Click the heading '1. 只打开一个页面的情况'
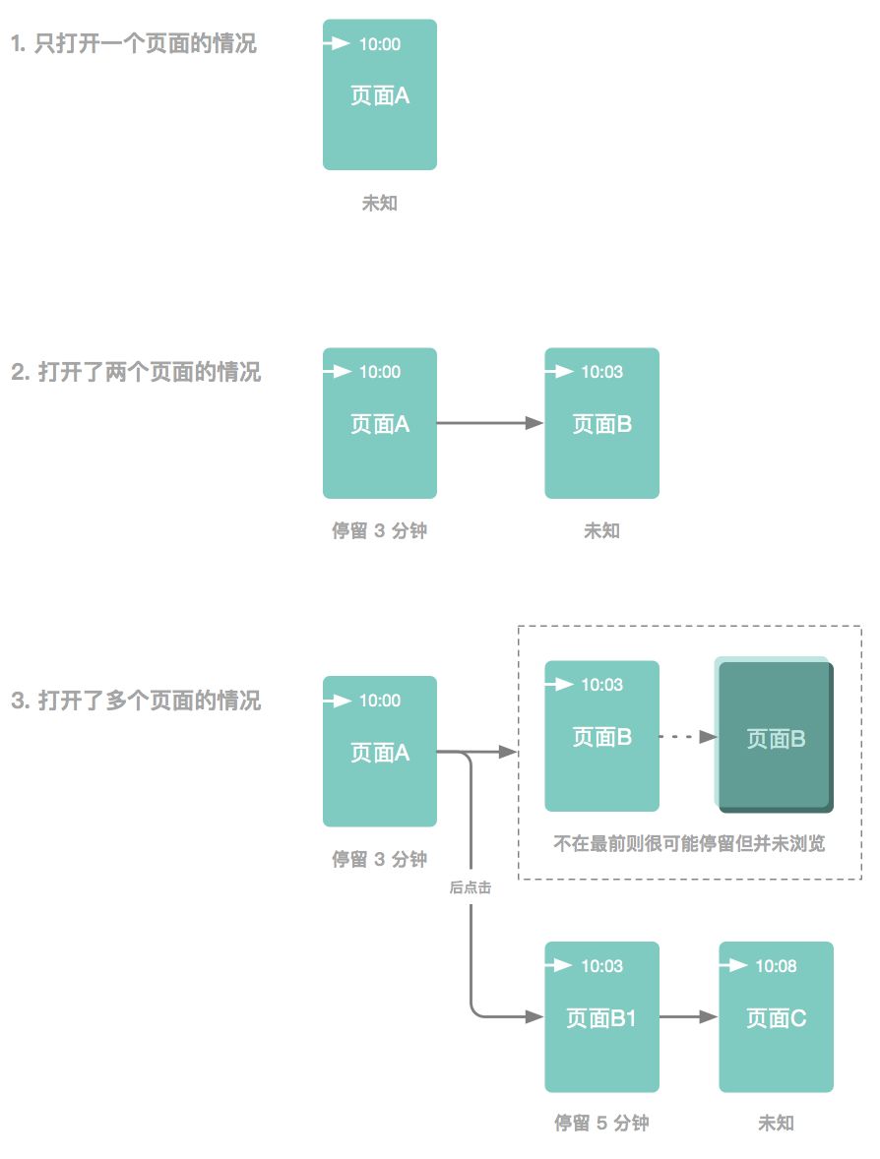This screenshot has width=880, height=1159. [x=134, y=44]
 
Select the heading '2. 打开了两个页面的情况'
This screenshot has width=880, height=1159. [x=136, y=373]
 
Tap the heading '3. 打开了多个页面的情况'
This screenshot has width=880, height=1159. [x=136, y=701]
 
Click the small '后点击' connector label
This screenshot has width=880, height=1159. [x=470, y=887]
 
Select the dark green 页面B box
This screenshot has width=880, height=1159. [x=776, y=738]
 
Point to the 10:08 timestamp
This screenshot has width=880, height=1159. [x=776, y=966]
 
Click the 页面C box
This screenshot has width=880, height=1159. [x=776, y=1017]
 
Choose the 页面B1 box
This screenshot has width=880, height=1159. [x=601, y=1017]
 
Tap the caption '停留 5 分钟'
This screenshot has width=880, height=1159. [x=601, y=1124]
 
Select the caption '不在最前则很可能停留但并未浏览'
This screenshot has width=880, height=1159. [x=689, y=844]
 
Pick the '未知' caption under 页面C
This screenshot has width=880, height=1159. [x=776, y=1124]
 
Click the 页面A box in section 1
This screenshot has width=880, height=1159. [x=380, y=95]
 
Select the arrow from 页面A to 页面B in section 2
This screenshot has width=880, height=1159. [x=489, y=423]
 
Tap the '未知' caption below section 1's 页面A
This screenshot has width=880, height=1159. [x=380, y=204]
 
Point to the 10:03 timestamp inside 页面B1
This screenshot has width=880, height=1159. [x=601, y=966]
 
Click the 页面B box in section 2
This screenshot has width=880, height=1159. [x=601, y=424]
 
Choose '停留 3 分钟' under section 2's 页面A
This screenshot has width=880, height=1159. [x=380, y=531]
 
